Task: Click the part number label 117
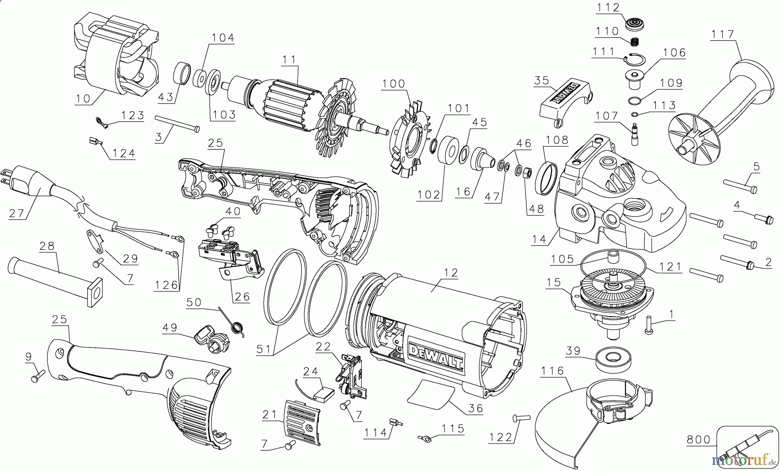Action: pyautogui.click(x=722, y=34)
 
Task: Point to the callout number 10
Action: pyautogui.click(x=83, y=98)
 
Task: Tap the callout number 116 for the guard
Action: pyautogui.click(x=552, y=371)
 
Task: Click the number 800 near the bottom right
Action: pyautogui.click(x=698, y=440)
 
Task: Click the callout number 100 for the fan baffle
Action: pyautogui.click(x=394, y=83)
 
